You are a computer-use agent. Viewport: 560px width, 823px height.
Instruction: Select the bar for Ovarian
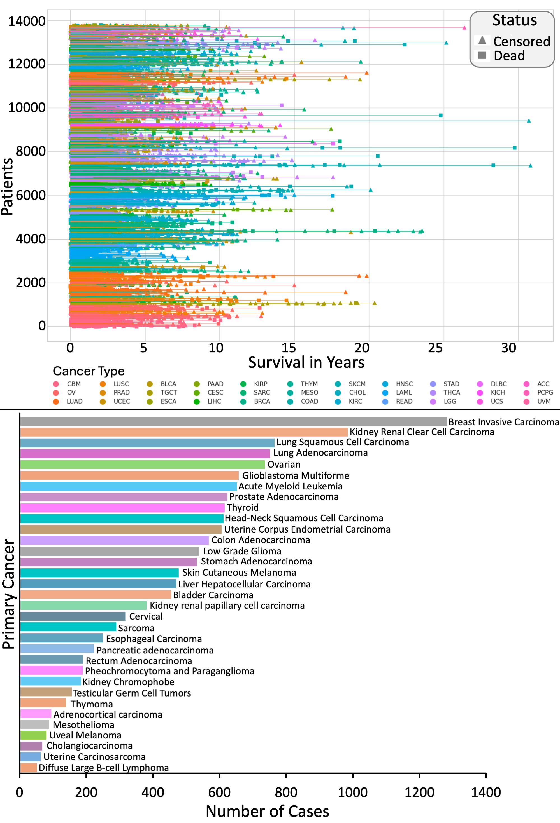142,464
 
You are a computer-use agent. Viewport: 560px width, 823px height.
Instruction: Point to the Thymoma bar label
91,704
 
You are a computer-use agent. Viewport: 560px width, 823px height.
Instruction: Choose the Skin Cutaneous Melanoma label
239,572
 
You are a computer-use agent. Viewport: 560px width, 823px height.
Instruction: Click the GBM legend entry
73,384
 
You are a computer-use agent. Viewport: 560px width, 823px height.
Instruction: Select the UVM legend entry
543,401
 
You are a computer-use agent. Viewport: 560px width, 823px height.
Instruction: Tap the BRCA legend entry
262,401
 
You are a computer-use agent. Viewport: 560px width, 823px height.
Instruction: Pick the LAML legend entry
404,392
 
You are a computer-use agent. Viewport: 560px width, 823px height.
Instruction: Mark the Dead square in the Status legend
482,55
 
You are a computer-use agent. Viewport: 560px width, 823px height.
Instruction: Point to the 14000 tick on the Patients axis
27,21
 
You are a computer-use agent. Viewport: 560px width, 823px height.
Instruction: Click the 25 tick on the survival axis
435,348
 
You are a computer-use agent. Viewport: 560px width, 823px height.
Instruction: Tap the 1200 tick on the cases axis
419,792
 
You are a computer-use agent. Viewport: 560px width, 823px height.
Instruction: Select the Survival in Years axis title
306,362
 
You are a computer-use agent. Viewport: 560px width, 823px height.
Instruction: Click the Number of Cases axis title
267,811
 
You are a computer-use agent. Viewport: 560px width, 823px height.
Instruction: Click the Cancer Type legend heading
89,371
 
